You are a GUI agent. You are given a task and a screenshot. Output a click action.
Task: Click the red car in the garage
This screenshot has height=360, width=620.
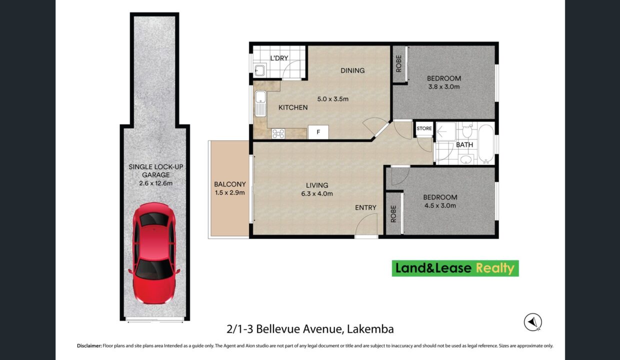[x=154, y=253]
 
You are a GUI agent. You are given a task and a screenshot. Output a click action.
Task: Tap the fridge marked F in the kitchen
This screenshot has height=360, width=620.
[x=318, y=132]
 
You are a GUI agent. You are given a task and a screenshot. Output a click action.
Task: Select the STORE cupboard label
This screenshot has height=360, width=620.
[x=424, y=128]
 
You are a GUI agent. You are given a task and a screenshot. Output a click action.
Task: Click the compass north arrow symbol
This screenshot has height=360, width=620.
[x=533, y=322]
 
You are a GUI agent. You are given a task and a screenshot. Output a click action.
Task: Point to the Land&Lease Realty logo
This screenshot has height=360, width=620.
[x=455, y=268]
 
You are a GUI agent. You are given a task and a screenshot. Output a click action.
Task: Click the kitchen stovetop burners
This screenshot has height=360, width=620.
[x=278, y=133]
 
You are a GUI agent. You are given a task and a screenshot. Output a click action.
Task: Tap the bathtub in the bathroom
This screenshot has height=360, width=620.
[x=486, y=144]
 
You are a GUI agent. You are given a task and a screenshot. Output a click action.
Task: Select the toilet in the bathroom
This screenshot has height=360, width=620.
[x=467, y=131]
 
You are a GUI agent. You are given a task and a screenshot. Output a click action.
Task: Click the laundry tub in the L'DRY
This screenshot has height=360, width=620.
[x=259, y=70]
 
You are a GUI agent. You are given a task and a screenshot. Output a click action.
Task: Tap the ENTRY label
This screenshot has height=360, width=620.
[x=365, y=207]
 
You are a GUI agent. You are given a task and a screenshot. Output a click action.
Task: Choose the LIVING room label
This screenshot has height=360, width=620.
[x=317, y=185]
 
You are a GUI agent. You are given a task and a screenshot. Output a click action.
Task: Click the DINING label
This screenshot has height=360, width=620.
[x=352, y=70]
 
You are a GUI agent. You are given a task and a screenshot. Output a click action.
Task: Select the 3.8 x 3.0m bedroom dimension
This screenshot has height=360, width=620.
[x=444, y=86]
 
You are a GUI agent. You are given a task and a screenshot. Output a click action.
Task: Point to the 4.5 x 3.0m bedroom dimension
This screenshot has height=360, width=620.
[x=440, y=205]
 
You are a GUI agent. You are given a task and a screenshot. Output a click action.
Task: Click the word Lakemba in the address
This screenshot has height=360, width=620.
[x=370, y=329]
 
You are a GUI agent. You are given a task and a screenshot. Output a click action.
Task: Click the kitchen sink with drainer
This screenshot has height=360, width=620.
[x=260, y=103]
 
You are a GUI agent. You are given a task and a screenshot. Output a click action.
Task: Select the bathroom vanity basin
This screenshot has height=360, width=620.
[x=466, y=159]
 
